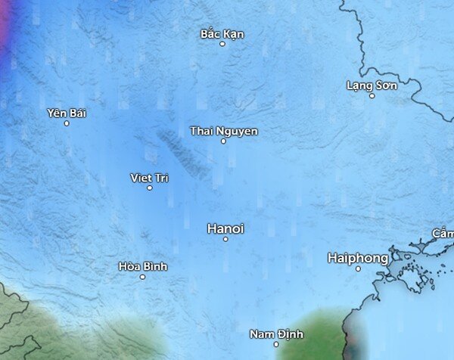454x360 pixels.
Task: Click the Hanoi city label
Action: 225,228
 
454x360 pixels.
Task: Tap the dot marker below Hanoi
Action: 225,239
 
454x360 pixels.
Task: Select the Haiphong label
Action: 358,258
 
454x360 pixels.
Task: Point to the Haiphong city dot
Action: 358,268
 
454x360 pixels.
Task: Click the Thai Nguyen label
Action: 223,131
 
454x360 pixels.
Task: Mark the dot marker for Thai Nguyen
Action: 223,141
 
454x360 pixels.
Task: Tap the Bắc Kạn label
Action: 222,34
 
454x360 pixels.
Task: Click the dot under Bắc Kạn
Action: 222,44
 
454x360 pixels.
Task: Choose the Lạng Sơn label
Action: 372,85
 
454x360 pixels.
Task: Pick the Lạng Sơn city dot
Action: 372,95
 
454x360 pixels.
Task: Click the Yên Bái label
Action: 67,113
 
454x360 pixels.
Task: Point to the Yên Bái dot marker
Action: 67,123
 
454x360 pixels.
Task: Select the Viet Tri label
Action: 149,178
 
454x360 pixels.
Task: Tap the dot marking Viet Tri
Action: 149,188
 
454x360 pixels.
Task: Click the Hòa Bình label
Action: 143,266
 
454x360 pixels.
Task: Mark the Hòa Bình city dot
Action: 142,276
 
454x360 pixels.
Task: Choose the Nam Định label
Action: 276,334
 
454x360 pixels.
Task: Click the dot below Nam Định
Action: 276,344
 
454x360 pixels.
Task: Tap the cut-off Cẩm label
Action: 443,232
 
